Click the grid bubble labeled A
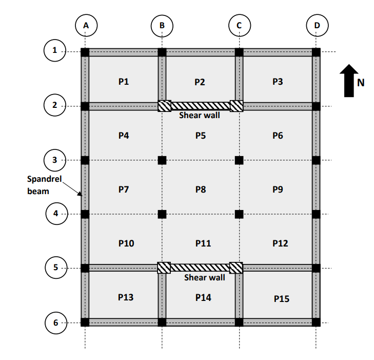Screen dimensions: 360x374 coord(85,25)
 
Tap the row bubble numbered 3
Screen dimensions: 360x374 coord(54,160)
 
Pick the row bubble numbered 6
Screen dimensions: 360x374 coord(54,323)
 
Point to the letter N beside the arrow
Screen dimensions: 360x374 coord(361,83)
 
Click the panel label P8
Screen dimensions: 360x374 coord(201,190)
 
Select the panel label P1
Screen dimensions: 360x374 coord(123,82)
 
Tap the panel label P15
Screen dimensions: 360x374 coord(281,298)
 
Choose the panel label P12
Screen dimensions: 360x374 coord(280,243)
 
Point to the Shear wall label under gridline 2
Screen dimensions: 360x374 coord(200,116)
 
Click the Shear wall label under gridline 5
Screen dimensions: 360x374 coord(204,278)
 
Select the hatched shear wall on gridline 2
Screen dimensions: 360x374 coord(200,106)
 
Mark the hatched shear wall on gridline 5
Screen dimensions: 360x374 coord(200,268)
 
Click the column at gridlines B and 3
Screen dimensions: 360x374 coord(162,160)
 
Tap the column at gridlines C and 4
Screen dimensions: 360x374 coord(239,214)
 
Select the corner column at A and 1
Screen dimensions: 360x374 coord(85,52)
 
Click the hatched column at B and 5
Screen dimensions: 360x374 coord(164,268)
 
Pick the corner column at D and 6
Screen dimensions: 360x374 coord(316,323)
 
